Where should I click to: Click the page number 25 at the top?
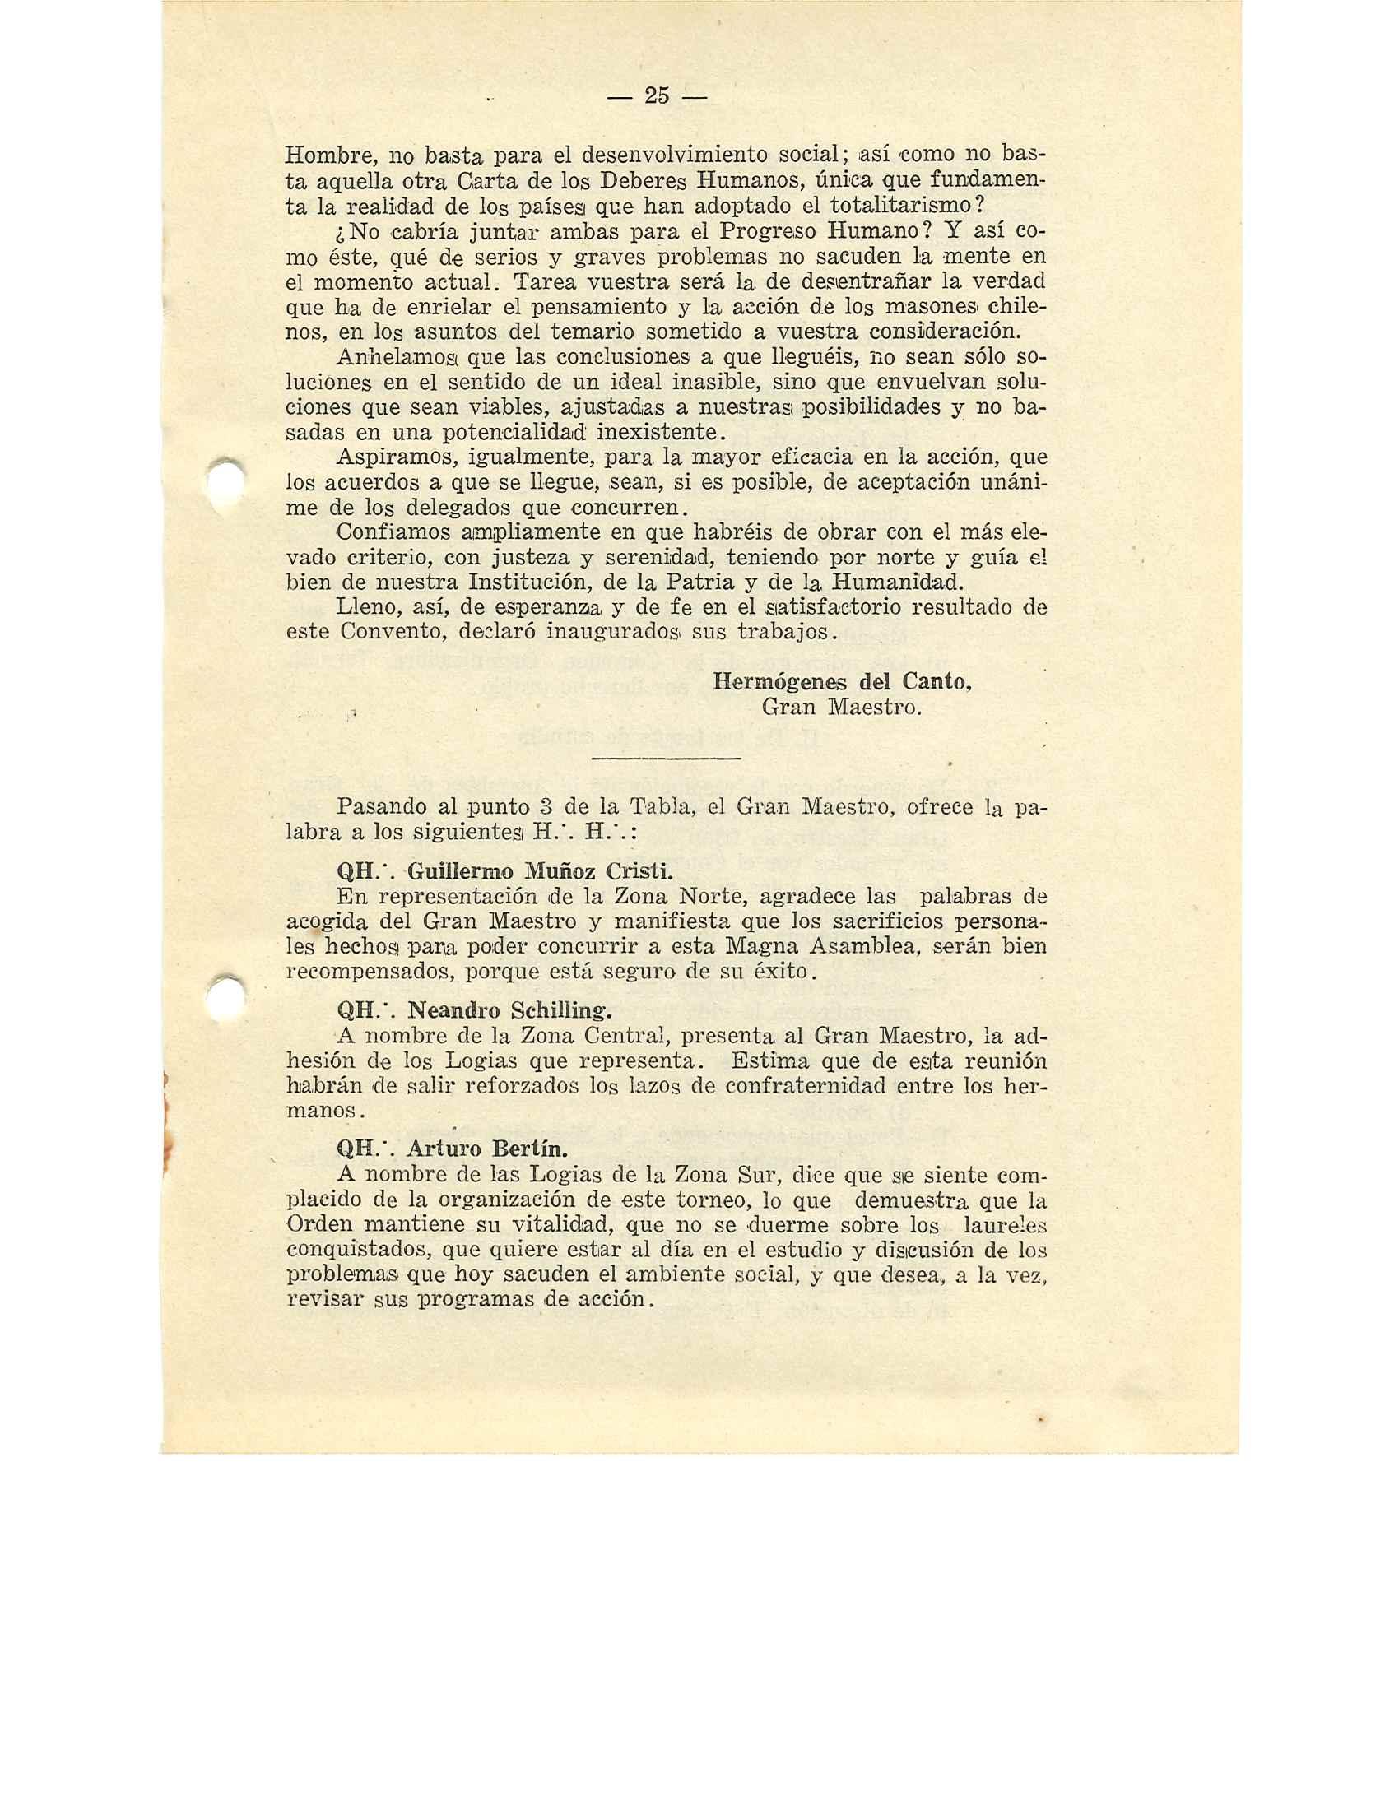point(656,96)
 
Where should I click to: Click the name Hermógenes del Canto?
point(841,682)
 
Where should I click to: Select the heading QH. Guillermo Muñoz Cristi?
point(504,872)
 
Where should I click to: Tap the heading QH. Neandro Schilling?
point(475,1011)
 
